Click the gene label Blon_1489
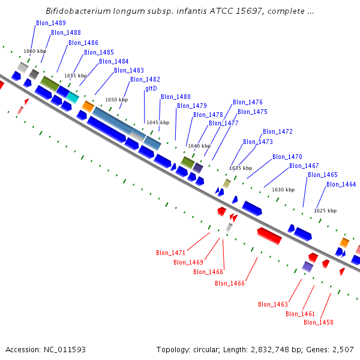(x=51, y=23)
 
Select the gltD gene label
(x=151, y=88)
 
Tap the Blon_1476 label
(x=248, y=102)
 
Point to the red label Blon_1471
(x=171, y=253)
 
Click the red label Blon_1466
(x=230, y=283)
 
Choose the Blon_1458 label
(x=319, y=322)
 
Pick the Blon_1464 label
(x=341, y=184)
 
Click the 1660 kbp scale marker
(x=35, y=51)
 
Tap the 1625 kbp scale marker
(x=325, y=211)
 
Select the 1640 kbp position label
(x=199, y=146)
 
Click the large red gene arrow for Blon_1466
(x=269, y=235)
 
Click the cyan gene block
(x=73, y=97)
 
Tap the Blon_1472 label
(x=278, y=131)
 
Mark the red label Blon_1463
(x=273, y=304)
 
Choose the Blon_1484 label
(x=114, y=61)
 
